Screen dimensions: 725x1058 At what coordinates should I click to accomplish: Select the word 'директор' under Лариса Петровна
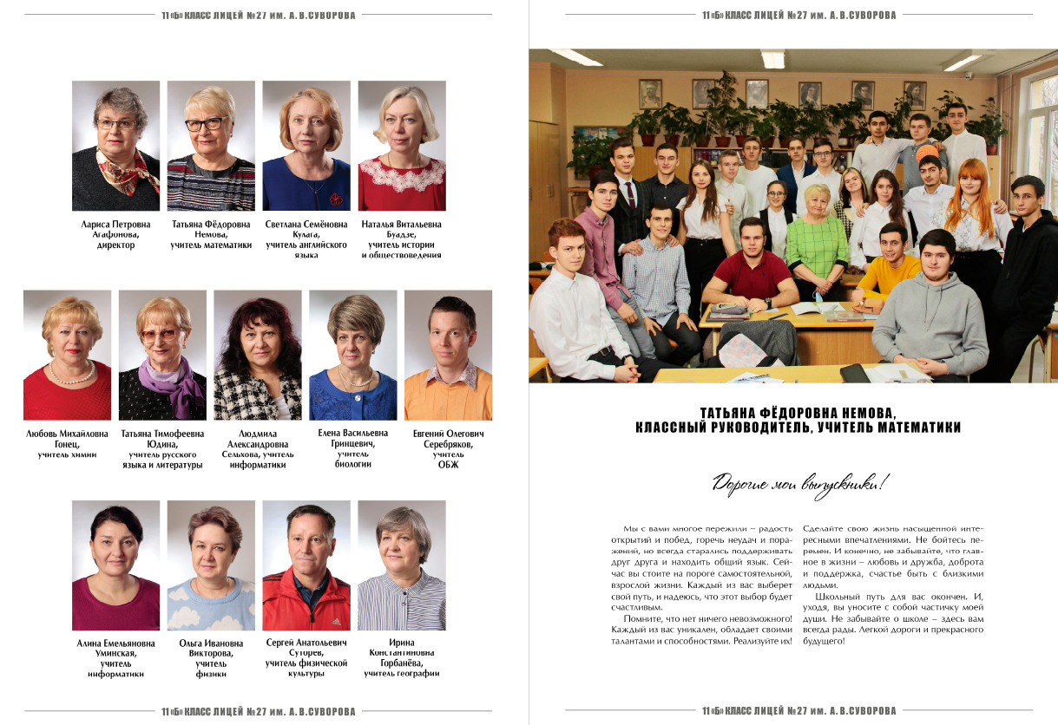pyautogui.click(x=115, y=245)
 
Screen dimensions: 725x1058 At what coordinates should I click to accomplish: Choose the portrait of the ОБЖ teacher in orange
pyautogui.click(x=448, y=355)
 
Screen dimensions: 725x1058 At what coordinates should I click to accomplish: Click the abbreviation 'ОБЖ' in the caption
pyautogui.click(x=448, y=465)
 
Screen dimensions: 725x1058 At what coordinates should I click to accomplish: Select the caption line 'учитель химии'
pyautogui.click(x=67, y=454)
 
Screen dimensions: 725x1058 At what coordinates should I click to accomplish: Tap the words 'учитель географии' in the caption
pyautogui.click(x=402, y=674)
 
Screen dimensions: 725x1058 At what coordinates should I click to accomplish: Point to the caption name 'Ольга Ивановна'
pyautogui.click(x=211, y=643)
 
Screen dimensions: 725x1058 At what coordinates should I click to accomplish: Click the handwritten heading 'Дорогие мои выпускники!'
pyautogui.click(x=800, y=483)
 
